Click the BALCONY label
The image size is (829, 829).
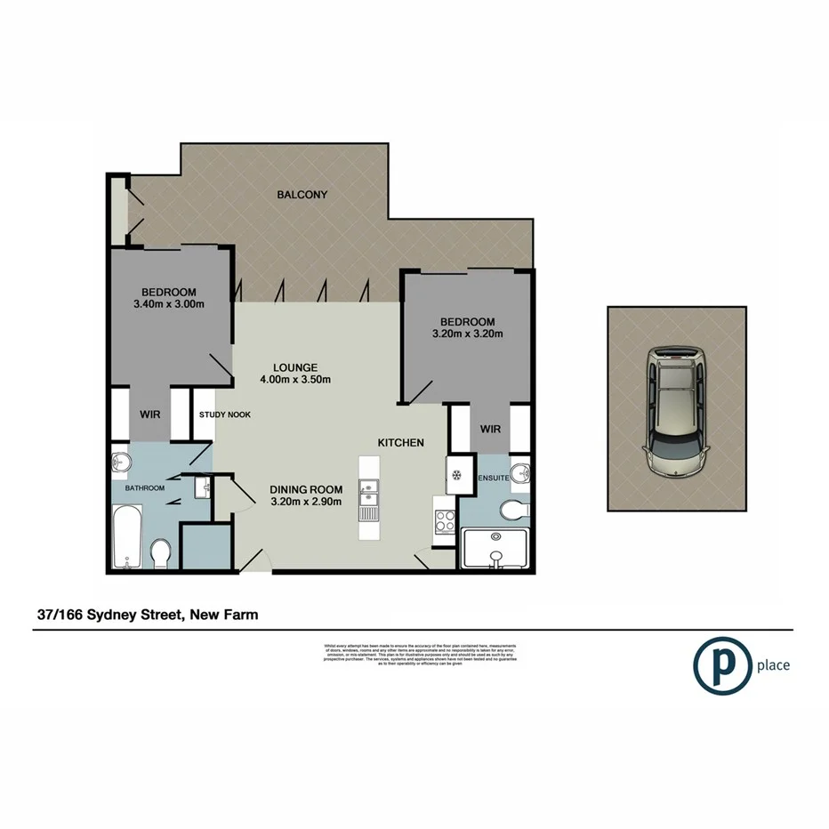[302, 195]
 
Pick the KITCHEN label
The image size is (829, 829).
[400, 442]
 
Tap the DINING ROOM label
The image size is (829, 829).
[306, 488]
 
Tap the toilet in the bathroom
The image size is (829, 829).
[161, 552]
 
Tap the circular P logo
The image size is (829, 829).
[720, 664]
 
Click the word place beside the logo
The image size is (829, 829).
[773, 665]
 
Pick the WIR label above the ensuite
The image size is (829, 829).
[490, 429]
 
